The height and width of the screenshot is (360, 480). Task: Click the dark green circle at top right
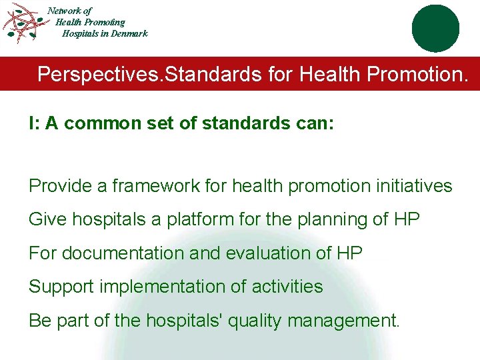click(x=435, y=28)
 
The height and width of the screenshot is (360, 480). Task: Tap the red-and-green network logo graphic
click(x=25, y=23)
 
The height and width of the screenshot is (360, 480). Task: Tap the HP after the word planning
click(x=405, y=219)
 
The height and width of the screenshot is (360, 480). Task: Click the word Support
click(x=61, y=287)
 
